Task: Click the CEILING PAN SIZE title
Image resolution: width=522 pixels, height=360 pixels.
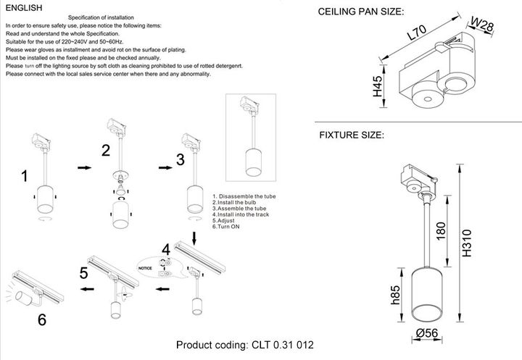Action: (361, 12)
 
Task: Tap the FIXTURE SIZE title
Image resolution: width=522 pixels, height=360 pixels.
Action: (352, 135)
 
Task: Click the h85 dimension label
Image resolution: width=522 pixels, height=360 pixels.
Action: (396, 296)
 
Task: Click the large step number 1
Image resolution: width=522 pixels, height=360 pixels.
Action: (25, 176)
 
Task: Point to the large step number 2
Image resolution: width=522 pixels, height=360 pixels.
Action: (106, 151)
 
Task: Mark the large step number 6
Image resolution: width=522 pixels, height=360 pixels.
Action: (42, 319)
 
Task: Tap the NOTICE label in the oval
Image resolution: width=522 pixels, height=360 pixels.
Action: (146, 268)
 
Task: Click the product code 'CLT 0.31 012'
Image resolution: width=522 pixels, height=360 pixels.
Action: (283, 346)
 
